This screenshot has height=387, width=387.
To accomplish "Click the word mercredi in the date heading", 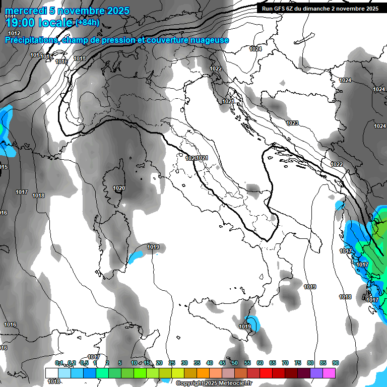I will (x=25, y=11).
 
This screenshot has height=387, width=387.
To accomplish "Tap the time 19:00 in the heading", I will (x=22, y=22).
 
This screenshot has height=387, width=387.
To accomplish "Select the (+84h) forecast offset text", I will (x=87, y=23).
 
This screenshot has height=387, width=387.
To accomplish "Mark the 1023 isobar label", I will (x=292, y=123).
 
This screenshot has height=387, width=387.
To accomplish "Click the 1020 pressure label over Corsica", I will (x=119, y=188).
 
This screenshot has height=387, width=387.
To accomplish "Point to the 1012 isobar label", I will (x=14, y=33).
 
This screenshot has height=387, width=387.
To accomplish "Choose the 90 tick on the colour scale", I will (x=336, y=363).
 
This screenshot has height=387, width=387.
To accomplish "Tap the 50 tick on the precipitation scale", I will (x=235, y=363).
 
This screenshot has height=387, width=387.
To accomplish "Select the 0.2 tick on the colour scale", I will (x=72, y=363).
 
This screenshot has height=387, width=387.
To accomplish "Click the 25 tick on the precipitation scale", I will (x=172, y=363).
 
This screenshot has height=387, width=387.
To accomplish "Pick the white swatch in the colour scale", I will (x=52, y=373).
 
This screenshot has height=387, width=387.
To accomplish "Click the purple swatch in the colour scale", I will (x=316, y=373).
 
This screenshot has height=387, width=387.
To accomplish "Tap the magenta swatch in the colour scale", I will (x=329, y=373).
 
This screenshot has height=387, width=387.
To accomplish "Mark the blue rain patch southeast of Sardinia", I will (x=136, y=257).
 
